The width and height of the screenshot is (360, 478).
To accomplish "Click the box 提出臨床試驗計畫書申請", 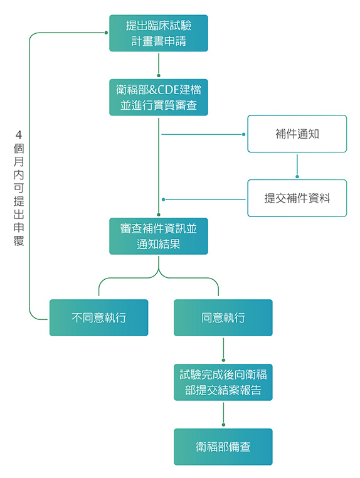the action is pos(159,33).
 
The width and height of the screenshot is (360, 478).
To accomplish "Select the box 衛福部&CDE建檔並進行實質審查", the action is pos(159,97).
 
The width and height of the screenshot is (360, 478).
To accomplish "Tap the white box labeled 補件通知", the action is pos(297,134).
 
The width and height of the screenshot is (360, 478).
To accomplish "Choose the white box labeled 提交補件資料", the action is pos(297,198).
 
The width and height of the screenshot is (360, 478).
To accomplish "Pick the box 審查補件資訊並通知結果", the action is pos(159,236).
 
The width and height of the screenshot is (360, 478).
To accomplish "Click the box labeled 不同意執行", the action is pos(98,317).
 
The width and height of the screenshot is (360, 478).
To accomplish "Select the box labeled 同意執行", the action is pos(223,317).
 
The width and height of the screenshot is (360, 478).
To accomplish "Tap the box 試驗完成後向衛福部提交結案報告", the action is pos(223,382).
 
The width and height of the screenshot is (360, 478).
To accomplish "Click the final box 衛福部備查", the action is pos(223,447).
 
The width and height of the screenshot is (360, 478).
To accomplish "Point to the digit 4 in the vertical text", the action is pos(19,134).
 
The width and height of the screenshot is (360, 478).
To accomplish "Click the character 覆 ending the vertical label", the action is pos(19,240).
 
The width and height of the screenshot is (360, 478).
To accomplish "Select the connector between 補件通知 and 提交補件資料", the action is pos(297,166).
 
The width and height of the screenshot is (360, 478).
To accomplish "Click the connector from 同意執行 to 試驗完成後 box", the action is pos(223,349).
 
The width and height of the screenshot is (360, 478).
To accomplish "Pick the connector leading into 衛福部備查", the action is pos(223,414).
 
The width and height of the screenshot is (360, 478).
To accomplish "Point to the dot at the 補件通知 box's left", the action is pos(243,134).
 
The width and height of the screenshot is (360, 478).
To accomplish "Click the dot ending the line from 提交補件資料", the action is pos(164,199).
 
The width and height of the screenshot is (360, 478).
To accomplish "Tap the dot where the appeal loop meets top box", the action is pos(106,33).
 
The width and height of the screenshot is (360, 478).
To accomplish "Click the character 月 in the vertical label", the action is pos(19,161).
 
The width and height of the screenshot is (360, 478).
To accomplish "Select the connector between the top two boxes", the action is pos(159,65).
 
